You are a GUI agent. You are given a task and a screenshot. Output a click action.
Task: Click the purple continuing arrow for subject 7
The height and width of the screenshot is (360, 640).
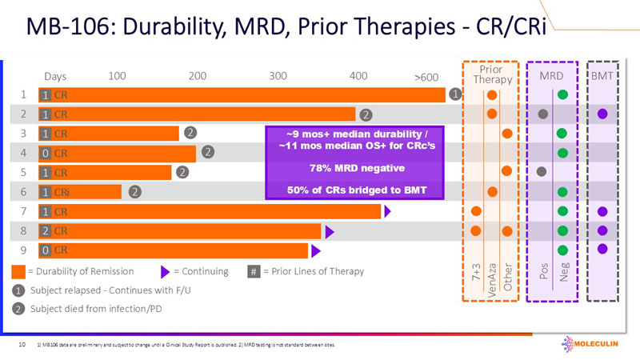click(387, 211)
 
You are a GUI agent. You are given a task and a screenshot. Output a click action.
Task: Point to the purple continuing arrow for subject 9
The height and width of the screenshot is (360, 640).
click(314, 250)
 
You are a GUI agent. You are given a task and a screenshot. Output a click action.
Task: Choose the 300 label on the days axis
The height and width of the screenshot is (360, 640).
click(278, 76)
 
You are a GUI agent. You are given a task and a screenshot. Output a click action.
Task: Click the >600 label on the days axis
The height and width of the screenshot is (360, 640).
click(426, 77)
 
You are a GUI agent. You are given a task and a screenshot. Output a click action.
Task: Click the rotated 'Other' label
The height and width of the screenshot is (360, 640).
click(506, 278)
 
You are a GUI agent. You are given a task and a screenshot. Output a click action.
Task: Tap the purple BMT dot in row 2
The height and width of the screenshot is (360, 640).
click(602, 114)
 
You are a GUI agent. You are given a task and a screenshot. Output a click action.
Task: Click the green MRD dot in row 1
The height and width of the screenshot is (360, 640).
click(562, 95)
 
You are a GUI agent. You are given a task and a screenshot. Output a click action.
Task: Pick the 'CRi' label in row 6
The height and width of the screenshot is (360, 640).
click(63, 191)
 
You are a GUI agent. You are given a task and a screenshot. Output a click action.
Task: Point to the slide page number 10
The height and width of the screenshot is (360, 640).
click(22, 346)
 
